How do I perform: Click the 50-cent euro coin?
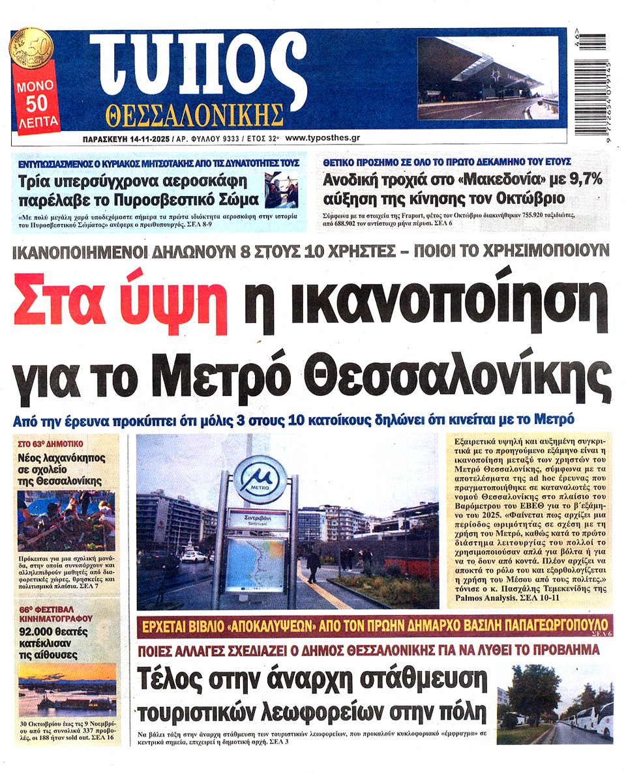pyautogui.click(x=31, y=50)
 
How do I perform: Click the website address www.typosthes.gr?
pyautogui.click(x=323, y=138)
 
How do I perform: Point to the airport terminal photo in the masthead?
pyautogui.click(x=488, y=78)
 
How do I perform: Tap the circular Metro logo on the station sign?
pyautogui.click(x=260, y=479)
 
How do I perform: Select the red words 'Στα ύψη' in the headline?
pyautogui.click(x=119, y=302)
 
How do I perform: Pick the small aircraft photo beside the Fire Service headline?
pyautogui.click(x=282, y=190)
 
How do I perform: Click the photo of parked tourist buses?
pyautogui.click(x=555, y=704)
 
